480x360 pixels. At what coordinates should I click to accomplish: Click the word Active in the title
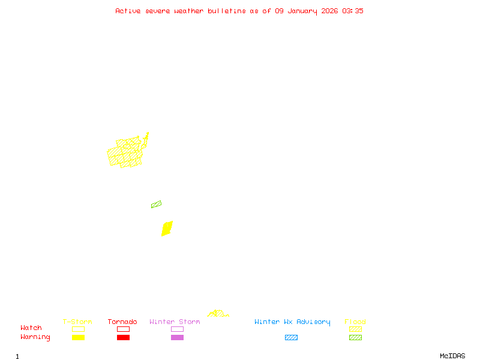128,11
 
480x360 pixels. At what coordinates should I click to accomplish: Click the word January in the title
302,11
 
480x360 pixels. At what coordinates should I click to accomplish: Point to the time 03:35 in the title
353,11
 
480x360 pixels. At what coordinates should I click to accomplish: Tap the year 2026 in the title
329,11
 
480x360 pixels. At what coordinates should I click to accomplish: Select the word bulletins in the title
227,11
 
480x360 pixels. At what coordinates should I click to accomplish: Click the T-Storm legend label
77,322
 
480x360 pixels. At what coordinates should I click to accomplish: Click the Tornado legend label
122,322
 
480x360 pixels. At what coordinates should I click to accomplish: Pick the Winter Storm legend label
175,322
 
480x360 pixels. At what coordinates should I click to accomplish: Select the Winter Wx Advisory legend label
292,322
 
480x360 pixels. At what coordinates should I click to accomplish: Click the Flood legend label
355,322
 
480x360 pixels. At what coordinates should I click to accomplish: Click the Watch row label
31,328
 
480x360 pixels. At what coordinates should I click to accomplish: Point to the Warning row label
35,337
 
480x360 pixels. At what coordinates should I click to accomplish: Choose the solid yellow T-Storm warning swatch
78,338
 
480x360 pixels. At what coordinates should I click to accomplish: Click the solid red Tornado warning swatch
123,338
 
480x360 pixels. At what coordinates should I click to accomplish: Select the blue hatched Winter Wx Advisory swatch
291,338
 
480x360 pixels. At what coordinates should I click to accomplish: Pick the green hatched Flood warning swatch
355,338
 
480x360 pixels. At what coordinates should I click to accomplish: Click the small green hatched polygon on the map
156,205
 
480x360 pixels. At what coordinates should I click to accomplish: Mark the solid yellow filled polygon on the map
167,229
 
